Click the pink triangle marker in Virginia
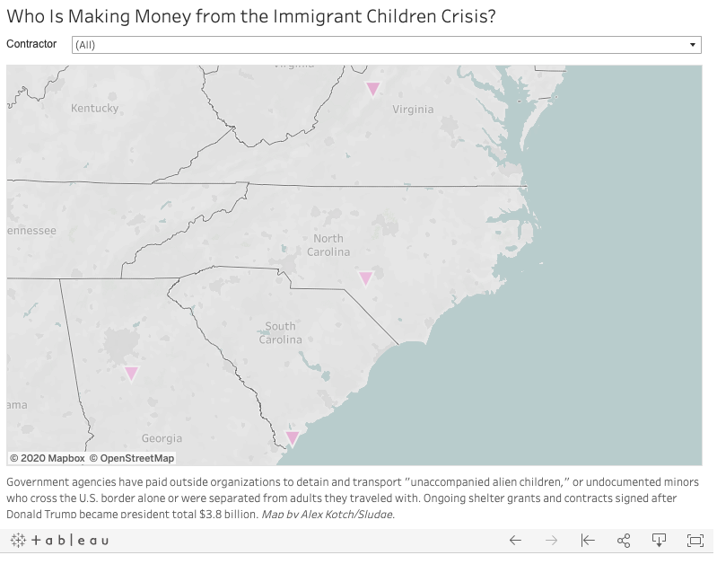(x=372, y=88)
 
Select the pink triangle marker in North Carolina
(x=365, y=278)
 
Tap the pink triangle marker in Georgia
(x=131, y=373)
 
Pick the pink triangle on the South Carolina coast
(x=292, y=437)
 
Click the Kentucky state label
(x=94, y=108)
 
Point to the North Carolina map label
(x=328, y=245)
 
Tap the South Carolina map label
(x=280, y=332)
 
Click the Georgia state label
(x=162, y=438)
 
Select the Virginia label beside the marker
(x=413, y=109)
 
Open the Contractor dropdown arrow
(x=693, y=44)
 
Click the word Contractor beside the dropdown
(x=31, y=44)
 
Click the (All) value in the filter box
(x=85, y=45)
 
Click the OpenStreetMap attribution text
(x=132, y=458)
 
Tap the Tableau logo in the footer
(x=60, y=540)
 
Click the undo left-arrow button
(x=515, y=540)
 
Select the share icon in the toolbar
(x=624, y=540)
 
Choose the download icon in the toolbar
(x=659, y=540)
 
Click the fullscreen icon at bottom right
(x=695, y=540)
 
